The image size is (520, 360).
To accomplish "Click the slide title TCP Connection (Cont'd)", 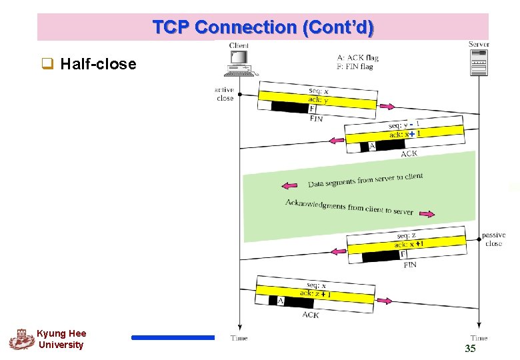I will [x=263, y=27].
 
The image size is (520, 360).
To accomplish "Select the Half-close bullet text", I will [x=98, y=64].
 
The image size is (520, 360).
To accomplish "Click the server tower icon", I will [x=479, y=61].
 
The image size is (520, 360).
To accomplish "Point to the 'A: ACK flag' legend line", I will [x=357, y=57].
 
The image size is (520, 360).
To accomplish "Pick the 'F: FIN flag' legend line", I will [x=355, y=67].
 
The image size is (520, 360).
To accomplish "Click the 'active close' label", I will [x=225, y=94].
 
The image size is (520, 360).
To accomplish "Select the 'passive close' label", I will [x=493, y=239].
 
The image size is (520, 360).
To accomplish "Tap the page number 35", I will [x=470, y=349].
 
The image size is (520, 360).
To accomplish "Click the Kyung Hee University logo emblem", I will [x=21, y=339].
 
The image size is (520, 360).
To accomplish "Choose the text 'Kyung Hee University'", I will [x=61, y=339].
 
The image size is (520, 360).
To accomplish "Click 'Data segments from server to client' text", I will [x=365, y=180].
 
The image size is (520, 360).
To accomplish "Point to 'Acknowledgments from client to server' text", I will [x=349, y=207].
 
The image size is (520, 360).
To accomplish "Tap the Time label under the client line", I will [x=239, y=338].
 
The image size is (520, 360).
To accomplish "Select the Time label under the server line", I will [x=479, y=338].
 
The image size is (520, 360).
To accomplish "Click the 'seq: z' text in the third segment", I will [x=406, y=235].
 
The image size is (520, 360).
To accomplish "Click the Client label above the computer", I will [x=239, y=45].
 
